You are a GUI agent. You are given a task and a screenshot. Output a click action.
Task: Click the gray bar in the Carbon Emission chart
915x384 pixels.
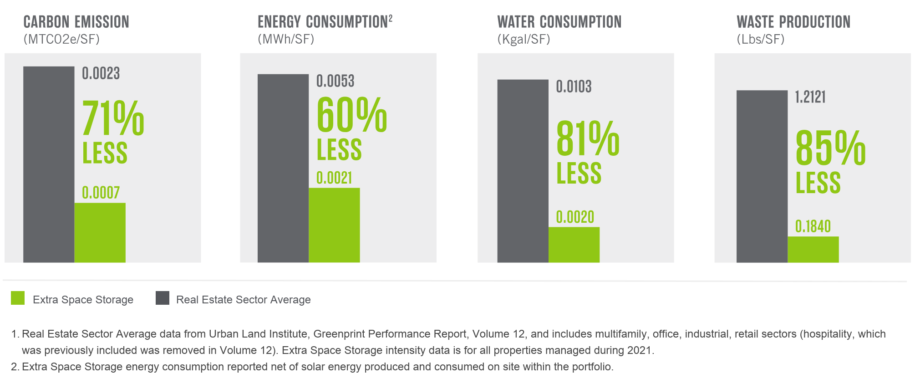(x=49, y=164)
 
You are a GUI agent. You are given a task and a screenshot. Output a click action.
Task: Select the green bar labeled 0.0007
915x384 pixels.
(x=100, y=232)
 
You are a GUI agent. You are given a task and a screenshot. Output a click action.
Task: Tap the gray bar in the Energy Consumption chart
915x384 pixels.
(x=283, y=168)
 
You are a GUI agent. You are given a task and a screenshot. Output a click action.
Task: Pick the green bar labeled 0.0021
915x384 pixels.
(x=334, y=225)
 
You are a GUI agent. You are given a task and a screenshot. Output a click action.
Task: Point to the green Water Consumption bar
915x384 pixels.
(x=574, y=245)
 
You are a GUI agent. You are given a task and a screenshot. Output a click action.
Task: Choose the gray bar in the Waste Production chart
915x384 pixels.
(x=762, y=176)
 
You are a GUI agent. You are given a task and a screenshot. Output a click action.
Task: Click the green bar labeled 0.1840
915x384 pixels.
(x=813, y=249)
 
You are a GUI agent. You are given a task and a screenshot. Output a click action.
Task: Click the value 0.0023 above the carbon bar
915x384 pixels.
(x=101, y=73)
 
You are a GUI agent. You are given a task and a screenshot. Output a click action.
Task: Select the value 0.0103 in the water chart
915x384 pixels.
(x=574, y=87)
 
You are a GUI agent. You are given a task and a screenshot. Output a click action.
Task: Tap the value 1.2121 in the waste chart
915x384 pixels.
(x=810, y=97)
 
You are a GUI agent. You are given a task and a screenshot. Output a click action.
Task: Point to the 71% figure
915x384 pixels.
(x=113, y=118)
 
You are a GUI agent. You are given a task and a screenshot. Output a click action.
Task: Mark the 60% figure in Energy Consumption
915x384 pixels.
(x=351, y=115)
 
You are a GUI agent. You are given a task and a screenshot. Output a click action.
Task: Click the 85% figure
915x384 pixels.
(x=830, y=148)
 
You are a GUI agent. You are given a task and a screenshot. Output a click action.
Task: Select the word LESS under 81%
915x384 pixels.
(x=579, y=173)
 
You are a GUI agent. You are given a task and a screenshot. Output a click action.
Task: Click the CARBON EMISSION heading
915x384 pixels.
(x=76, y=22)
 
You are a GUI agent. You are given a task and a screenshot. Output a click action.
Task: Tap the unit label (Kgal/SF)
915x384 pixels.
(x=524, y=40)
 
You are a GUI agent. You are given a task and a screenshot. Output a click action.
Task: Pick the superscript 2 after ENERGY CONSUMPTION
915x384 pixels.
(x=391, y=18)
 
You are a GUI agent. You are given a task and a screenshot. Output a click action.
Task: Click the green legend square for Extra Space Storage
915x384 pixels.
(x=18, y=298)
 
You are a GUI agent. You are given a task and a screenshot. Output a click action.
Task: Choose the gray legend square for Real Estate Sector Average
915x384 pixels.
(x=163, y=298)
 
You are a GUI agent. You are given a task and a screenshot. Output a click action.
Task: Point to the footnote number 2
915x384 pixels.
(x=15, y=367)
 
